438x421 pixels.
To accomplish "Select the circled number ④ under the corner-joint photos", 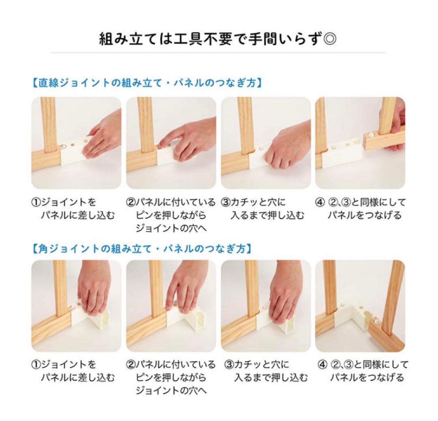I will tap(322, 365).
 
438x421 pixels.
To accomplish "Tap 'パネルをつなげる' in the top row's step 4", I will tap(365, 216).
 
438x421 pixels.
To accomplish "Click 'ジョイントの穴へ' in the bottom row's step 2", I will tap(171, 391).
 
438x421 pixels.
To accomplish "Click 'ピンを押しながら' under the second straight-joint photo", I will tap(170, 216).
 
